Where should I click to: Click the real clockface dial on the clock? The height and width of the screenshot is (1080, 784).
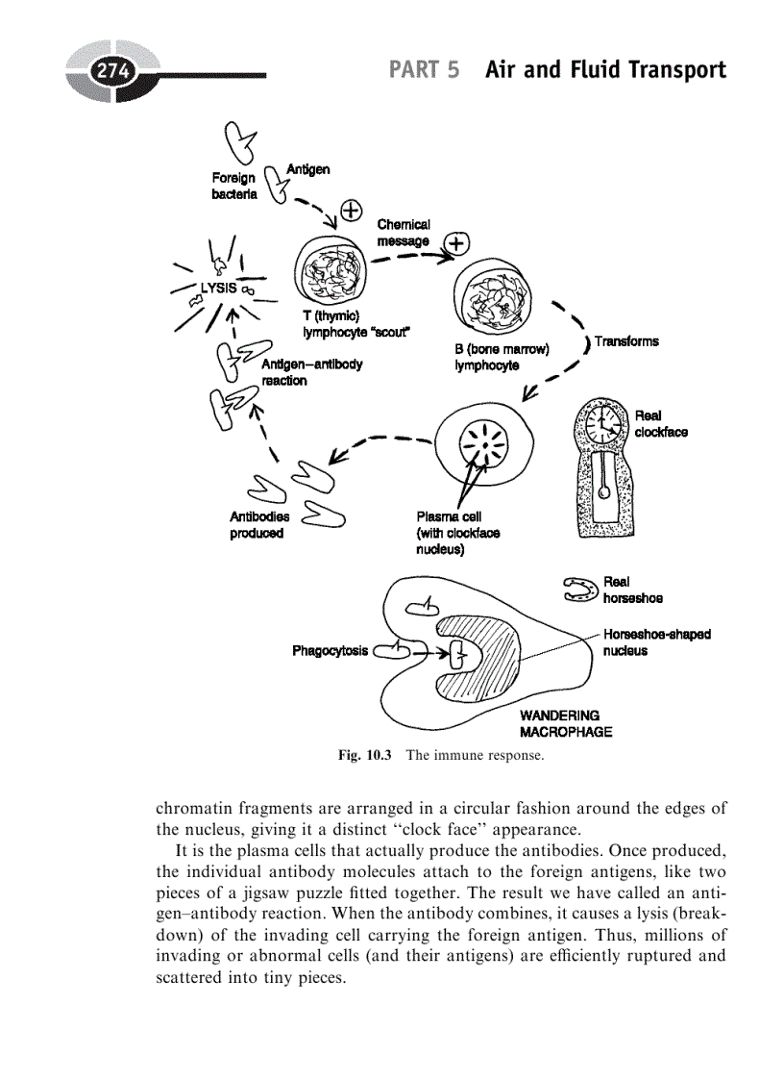coord(604,421)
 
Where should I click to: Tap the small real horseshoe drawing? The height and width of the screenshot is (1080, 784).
coord(580,589)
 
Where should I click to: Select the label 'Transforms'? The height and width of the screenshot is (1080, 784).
coord(626,341)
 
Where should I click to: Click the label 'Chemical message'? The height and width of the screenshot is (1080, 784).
coord(404,232)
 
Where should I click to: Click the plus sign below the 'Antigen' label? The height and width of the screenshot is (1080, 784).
coord(351,209)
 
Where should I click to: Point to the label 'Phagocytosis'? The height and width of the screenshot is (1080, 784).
coord(330,651)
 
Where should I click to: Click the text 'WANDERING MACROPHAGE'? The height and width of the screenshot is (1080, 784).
coord(565,723)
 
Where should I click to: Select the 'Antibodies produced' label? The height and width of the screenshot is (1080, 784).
coord(258,525)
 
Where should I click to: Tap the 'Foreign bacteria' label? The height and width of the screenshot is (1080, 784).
coord(233,186)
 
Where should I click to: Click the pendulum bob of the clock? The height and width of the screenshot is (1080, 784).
coord(603,492)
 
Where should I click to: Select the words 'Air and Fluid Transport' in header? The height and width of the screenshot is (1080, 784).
coord(605,70)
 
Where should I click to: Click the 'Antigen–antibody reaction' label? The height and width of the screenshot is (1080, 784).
coord(310,373)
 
